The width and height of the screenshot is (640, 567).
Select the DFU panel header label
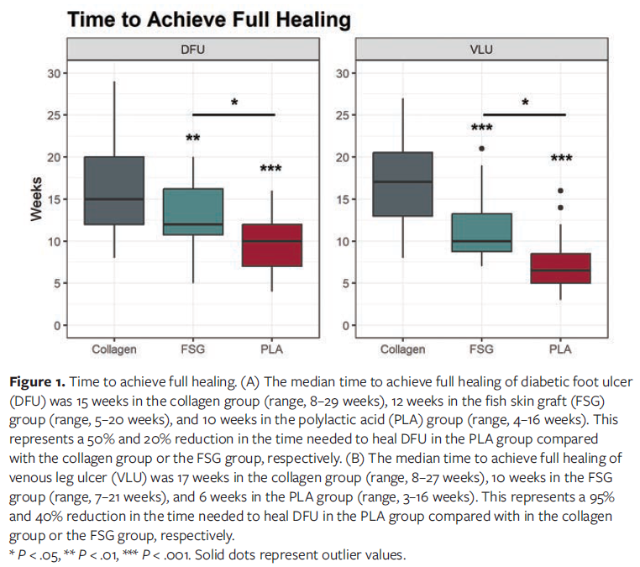click(193, 50)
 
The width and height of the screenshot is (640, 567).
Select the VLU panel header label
click(482, 50)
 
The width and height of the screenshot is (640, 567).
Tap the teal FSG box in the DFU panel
click(193, 211)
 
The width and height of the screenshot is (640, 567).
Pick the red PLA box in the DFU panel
click(271, 244)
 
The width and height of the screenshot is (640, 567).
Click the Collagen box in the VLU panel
click(403, 184)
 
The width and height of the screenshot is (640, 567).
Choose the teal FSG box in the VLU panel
click(482, 233)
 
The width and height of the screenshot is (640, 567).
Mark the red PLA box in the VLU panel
click(560, 268)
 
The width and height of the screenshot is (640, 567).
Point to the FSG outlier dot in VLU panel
click(482, 149)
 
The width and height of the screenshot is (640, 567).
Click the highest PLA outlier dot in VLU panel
click(560, 191)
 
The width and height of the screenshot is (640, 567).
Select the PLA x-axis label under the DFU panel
click(271, 349)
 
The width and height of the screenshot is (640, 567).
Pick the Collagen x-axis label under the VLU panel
click(403, 349)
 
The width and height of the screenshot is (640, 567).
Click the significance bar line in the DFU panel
click(233, 114)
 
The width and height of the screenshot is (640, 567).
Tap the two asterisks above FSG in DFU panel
click(193, 137)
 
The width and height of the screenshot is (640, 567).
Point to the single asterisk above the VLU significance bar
click(525, 102)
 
